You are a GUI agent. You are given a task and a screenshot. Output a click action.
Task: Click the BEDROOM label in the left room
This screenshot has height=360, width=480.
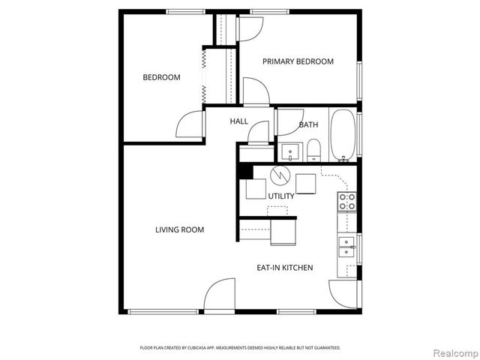pos(161,77)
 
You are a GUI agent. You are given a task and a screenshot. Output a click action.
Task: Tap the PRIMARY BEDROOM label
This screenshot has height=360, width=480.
pos(298,61)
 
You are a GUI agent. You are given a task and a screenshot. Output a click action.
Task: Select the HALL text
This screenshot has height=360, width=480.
pos(238,121)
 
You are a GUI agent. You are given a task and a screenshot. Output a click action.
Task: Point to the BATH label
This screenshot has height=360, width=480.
pos(308,124)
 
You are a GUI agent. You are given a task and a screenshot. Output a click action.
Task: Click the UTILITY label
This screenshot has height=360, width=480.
pos(281,196)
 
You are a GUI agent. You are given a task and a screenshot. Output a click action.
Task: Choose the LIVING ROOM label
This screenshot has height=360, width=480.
pos(180,229)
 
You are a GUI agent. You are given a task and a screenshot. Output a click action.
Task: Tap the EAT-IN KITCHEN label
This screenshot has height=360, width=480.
pos(285,268)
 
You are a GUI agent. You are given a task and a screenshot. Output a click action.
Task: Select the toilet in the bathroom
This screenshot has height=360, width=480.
pos(313,151)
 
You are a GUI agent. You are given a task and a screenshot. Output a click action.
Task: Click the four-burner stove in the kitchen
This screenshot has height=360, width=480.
pos(346,200)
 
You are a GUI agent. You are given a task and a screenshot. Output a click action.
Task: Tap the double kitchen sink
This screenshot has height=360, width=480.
pos(346,246)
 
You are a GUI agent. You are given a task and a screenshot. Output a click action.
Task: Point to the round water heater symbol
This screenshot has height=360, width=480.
pos(279,176)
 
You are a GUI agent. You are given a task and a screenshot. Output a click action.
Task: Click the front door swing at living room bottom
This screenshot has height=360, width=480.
pos(220,295)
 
